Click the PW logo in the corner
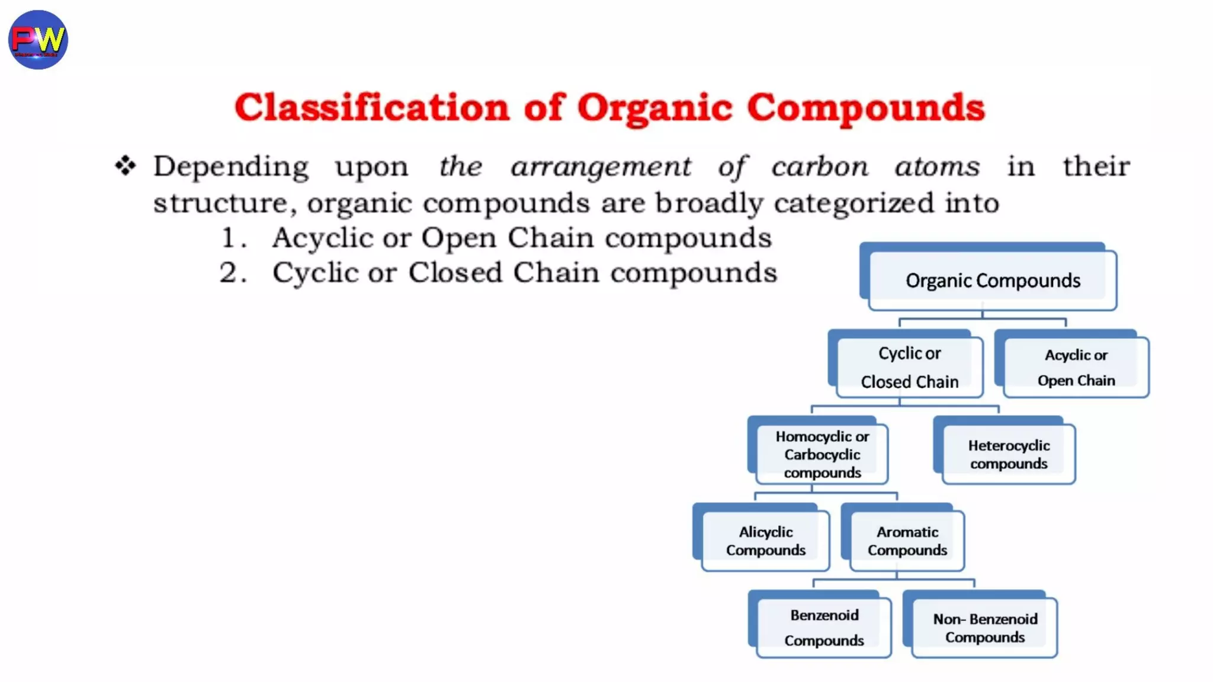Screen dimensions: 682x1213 (x=38, y=40)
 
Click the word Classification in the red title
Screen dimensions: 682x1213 (x=371, y=108)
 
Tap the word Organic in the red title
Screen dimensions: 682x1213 (x=654, y=109)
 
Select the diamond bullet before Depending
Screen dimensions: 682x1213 (x=126, y=166)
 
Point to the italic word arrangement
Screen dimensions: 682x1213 (x=601, y=166)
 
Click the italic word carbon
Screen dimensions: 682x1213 (x=820, y=166)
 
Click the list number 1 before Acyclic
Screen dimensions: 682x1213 (x=229, y=238)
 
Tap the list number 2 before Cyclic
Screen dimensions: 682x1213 (x=229, y=274)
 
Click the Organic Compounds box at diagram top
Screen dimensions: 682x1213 (x=992, y=280)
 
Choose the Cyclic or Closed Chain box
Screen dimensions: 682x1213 (x=909, y=367)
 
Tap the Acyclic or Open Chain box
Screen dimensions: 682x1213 (x=1076, y=367)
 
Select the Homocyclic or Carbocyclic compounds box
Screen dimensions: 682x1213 (x=821, y=454)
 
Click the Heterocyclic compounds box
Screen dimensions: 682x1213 (x=1008, y=454)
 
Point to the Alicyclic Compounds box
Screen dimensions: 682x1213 (x=765, y=541)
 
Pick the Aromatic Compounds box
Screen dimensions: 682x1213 (x=907, y=541)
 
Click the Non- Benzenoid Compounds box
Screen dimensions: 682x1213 (x=984, y=628)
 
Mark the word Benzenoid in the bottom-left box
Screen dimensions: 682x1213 (x=824, y=615)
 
